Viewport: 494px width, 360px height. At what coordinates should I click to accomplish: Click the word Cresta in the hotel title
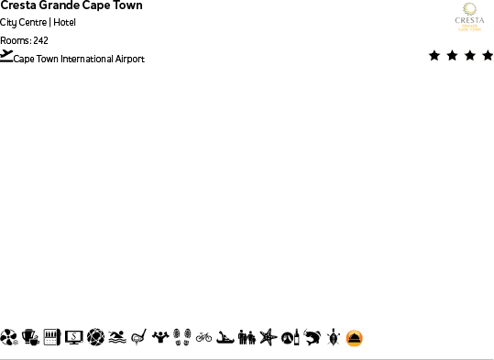18,5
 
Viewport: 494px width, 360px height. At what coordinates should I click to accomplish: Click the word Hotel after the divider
64,23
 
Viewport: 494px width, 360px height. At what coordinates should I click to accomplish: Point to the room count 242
40,40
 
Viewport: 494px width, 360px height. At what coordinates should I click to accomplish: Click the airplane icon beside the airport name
7,56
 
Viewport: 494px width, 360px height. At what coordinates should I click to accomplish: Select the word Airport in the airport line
128,60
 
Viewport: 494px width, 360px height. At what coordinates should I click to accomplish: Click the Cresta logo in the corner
469,17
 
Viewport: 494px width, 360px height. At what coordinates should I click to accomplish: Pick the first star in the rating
434,56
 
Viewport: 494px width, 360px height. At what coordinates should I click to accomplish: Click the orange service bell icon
355,338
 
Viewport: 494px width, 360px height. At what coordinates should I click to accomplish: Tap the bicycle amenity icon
203,338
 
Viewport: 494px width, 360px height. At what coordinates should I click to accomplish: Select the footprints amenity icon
181,338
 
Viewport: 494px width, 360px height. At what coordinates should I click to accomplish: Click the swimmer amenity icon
116,338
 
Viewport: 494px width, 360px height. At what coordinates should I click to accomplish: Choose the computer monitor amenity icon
73,338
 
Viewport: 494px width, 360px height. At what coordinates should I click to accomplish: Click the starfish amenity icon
268,338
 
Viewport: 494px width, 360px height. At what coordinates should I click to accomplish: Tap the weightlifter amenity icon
160,338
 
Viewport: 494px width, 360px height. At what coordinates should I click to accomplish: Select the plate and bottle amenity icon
290,338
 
